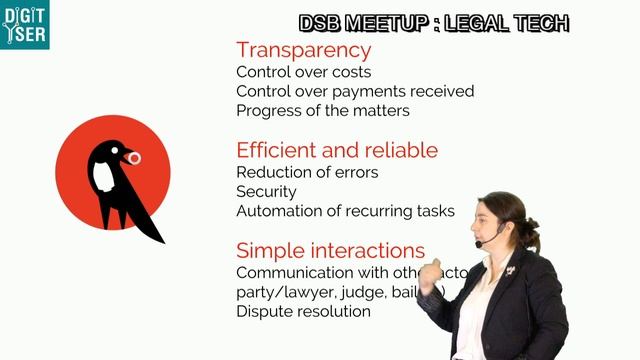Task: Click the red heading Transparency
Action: click(x=303, y=50)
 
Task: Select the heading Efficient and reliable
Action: click(x=336, y=151)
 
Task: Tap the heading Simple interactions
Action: click(x=330, y=251)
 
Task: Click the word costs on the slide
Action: click(x=350, y=72)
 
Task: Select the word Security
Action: click(x=266, y=191)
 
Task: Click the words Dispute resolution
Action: click(x=303, y=311)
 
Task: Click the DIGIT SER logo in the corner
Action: click(x=25, y=25)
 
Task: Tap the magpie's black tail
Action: click(x=150, y=228)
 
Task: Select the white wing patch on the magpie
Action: click(x=102, y=177)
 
